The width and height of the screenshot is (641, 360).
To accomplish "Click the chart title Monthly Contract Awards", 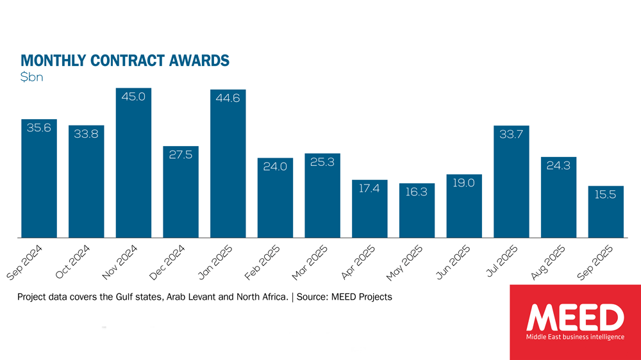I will tap(125, 61).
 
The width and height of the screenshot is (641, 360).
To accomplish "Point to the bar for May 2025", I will tap(417, 211).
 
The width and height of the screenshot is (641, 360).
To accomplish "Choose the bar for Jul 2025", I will tap(511, 186).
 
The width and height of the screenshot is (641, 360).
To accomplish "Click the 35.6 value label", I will tap(39, 128).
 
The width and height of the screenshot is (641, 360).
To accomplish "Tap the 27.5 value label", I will tap(181, 155).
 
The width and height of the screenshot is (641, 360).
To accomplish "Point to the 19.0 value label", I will tap(463, 183).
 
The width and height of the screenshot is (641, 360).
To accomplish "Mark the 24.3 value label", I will tap(558, 166).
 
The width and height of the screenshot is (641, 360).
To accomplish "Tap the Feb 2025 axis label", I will tap(262, 262).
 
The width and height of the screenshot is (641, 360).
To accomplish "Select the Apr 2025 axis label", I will tap(356, 262).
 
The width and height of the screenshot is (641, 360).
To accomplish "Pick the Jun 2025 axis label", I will tap(451, 262).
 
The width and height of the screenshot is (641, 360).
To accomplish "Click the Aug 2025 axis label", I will tap(545, 262).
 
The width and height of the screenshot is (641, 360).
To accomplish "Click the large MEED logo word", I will tap(575, 318).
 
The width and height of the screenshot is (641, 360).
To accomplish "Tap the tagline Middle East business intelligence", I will tap(575, 337).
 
